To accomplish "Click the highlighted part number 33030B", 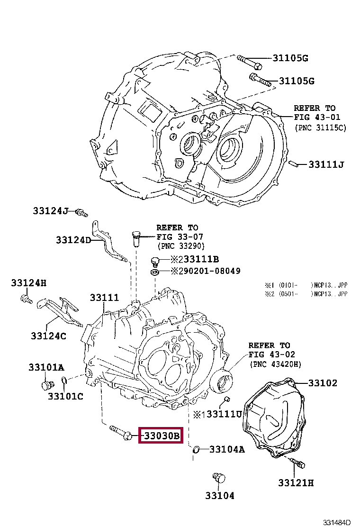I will click(160, 435).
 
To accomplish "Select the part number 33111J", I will click(325, 164).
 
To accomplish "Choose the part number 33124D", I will click(73, 240).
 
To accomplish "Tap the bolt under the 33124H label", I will click(26, 299).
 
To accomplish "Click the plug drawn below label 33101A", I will click(46, 384).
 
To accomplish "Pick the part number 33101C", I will click(65, 396).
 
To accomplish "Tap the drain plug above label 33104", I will click(218, 477).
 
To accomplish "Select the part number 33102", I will click(323, 382).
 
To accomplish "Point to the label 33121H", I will click(296, 482).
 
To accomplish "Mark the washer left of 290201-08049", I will click(154, 272).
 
